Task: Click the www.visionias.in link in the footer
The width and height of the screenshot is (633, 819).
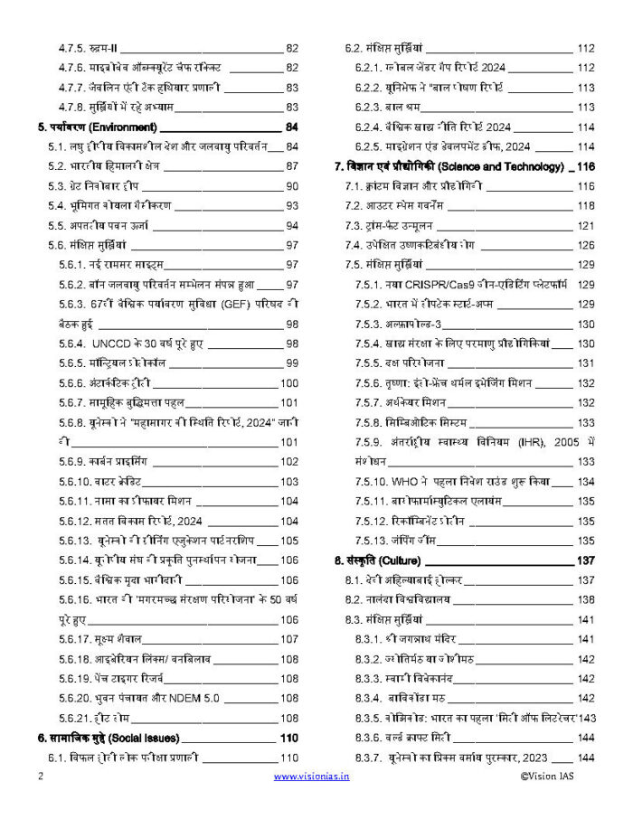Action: click(311, 776)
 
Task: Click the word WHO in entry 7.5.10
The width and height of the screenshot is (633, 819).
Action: click(411, 482)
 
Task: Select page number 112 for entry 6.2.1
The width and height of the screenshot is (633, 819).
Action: click(584, 68)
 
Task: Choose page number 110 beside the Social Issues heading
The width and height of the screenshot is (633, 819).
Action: click(288, 738)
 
